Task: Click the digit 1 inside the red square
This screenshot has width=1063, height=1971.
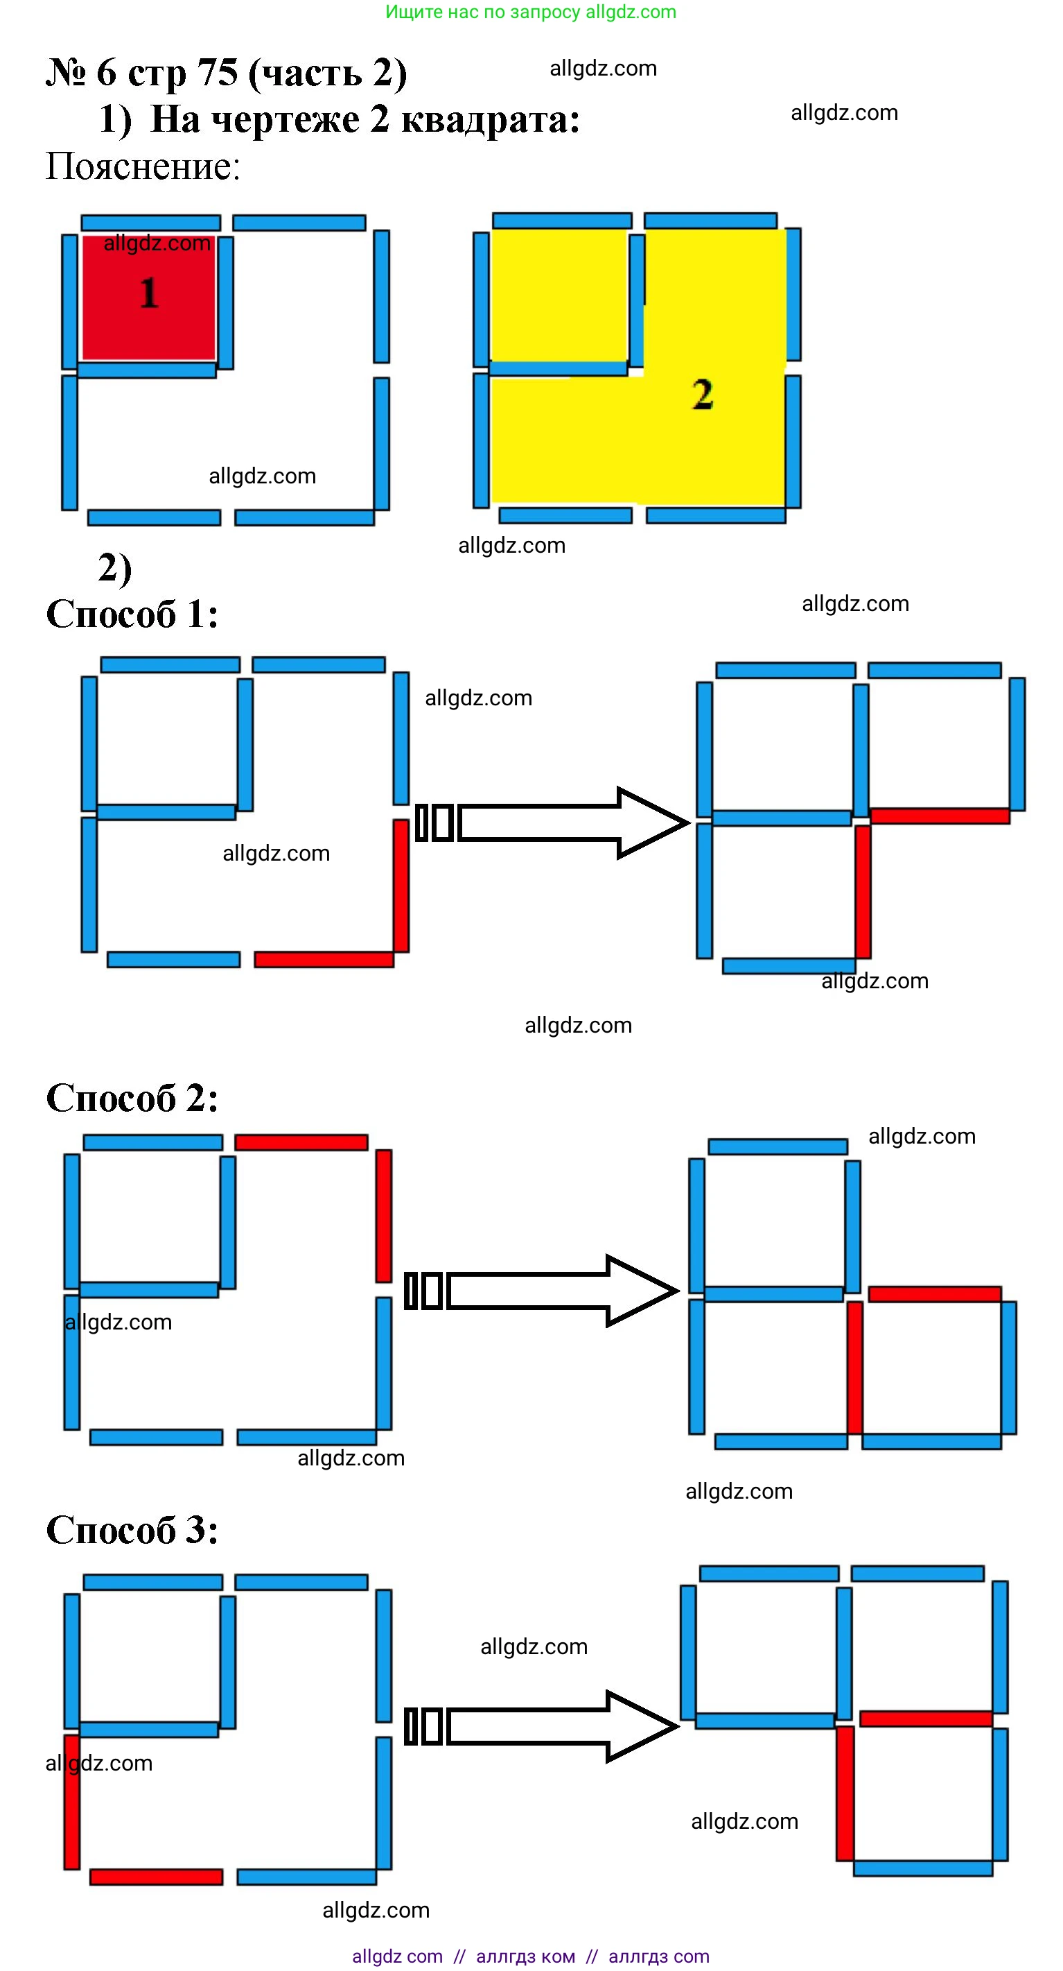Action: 149,293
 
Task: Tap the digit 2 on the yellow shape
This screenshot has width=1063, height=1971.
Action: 703,395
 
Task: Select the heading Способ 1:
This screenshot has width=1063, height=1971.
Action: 132,614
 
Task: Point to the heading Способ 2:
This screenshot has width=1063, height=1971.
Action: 132,1099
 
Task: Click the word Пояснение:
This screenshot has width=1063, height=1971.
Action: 143,166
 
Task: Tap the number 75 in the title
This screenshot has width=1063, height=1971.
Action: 218,74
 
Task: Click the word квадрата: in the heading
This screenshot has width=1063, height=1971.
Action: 490,119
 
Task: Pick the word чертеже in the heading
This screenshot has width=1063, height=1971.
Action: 285,119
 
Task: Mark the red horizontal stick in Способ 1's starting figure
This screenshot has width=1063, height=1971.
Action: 324,959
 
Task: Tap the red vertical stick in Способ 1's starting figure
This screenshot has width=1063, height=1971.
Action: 401,885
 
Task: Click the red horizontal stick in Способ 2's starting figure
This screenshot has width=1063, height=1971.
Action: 301,1142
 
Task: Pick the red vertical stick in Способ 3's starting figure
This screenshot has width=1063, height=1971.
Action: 72,1802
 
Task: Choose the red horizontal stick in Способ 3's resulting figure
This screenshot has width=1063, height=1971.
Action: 926,1719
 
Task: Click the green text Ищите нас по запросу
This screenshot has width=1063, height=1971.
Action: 482,12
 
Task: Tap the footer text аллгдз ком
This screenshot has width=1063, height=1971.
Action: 525,1956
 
